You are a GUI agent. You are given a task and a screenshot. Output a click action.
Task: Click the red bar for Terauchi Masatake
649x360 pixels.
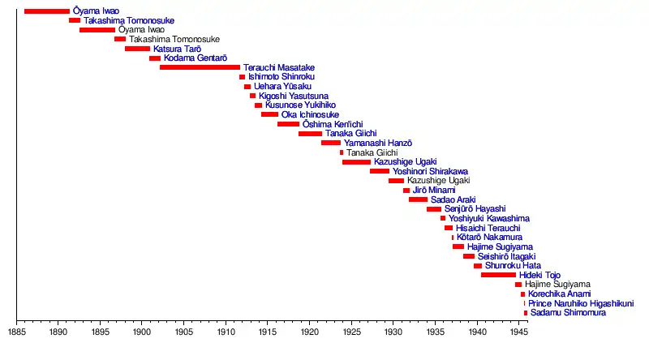point(200,67)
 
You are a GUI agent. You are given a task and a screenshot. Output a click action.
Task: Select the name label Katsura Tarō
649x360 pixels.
point(177,49)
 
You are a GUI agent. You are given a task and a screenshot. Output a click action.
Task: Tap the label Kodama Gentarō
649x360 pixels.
point(195,58)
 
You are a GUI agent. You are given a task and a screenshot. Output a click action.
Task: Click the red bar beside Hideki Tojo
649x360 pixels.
point(498,275)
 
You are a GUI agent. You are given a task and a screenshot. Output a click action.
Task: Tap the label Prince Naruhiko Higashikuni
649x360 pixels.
point(581,303)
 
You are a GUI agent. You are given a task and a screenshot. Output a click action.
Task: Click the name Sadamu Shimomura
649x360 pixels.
point(569,313)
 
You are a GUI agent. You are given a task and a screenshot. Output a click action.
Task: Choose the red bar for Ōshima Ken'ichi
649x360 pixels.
point(288,124)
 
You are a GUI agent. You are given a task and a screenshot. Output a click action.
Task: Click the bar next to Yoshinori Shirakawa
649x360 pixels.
point(379,171)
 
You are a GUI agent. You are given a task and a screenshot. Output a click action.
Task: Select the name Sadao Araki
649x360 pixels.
point(453,199)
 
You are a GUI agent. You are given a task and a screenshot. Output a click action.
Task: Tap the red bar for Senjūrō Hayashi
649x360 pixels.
point(433,209)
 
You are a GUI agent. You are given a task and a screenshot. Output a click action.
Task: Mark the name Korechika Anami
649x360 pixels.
point(559,294)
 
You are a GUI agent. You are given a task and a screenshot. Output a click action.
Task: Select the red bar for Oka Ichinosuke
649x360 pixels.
point(269,114)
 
